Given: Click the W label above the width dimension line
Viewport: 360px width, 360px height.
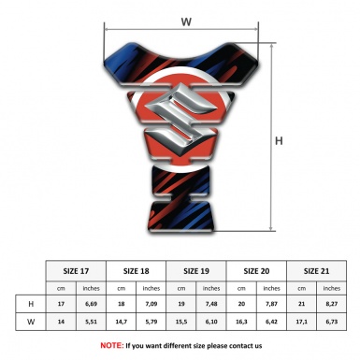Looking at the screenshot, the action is [x=186, y=22].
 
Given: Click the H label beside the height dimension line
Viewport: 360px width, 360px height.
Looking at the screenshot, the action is [x=279, y=141].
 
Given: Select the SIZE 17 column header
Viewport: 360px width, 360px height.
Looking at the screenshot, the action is [x=76, y=271].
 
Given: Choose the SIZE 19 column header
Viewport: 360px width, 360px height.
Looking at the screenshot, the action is [x=196, y=271].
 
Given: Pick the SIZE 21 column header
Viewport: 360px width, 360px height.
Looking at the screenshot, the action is [x=316, y=271].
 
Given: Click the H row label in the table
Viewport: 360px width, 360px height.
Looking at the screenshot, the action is [x=31, y=304].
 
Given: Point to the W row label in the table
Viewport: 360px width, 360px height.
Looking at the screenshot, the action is [x=31, y=322].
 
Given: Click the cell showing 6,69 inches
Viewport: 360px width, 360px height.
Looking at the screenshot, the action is [x=91, y=304].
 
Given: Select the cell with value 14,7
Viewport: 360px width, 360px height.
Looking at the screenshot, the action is [x=122, y=322].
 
